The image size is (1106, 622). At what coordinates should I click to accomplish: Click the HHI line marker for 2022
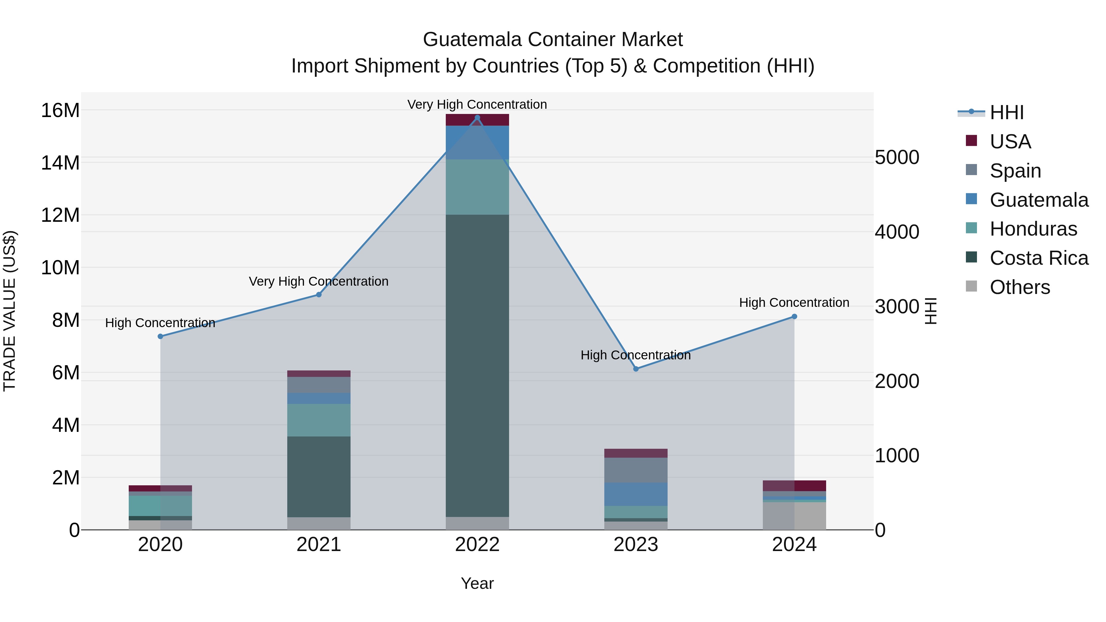point(477,118)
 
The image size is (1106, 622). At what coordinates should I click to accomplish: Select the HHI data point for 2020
point(160,337)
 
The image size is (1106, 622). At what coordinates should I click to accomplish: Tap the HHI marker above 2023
point(636,369)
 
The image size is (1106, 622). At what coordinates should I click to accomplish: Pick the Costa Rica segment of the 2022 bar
point(477,365)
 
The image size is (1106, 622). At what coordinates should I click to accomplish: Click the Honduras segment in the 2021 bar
point(319,420)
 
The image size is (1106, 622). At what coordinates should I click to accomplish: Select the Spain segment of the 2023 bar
point(636,470)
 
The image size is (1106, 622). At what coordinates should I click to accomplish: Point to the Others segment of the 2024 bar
point(794,516)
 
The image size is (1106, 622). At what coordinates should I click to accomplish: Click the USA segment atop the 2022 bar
point(477,120)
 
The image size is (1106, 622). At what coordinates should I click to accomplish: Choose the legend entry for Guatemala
point(1039,200)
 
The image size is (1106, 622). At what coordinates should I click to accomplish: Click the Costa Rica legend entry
point(1039,258)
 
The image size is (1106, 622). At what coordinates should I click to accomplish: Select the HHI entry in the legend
point(1006,112)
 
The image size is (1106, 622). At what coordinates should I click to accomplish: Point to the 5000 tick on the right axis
point(897,158)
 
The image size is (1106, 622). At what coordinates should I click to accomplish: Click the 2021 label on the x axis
point(319,545)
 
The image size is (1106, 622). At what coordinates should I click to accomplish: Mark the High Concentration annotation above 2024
point(794,303)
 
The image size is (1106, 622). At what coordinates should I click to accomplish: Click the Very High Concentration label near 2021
point(319,282)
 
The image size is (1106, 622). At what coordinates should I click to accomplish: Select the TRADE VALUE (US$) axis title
point(10,311)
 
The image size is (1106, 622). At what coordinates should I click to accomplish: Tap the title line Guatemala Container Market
point(553,40)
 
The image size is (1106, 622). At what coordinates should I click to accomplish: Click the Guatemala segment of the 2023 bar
point(636,494)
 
